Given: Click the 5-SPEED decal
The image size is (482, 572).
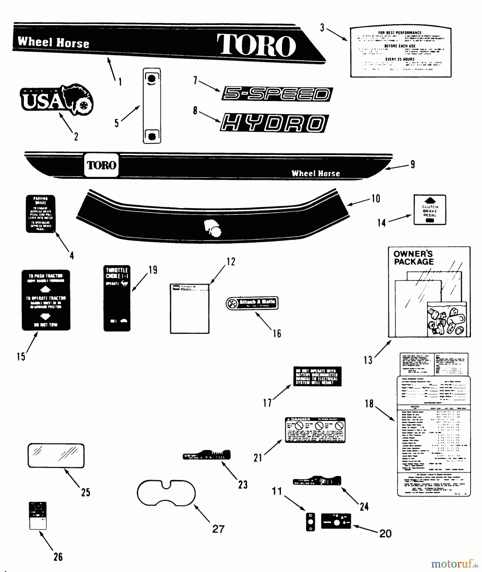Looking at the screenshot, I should (x=277, y=94).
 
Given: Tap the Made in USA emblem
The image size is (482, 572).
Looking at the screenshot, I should (x=57, y=100).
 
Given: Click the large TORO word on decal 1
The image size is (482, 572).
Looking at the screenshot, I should (x=256, y=45).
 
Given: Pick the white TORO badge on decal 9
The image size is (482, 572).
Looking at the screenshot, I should (x=101, y=165).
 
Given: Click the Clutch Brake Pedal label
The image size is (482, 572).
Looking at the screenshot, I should (x=430, y=210).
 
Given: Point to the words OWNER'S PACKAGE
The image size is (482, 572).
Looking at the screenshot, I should (x=413, y=258).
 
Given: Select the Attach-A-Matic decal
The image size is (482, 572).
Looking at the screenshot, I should (x=252, y=303).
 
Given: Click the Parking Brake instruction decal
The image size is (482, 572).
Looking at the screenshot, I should (x=40, y=214).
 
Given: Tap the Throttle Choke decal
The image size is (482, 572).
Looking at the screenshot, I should (x=117, y=298).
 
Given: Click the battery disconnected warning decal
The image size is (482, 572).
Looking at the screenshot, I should (x=317, y=377).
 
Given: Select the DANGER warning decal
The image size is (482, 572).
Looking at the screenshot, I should (x=315, y=430).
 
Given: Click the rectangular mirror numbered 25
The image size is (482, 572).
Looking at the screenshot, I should (x=56, y=456).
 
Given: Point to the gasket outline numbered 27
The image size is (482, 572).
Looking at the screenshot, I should (x=166, y=493).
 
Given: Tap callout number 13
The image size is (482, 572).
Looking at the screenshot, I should (x=368, y=360).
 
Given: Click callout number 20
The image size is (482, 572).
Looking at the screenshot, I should (x=385, y=534).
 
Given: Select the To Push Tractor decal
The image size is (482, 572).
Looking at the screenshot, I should (x=46, y=300).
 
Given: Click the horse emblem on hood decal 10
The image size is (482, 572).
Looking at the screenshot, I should (x=212, y=228).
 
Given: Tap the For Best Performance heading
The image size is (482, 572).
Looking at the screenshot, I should (x=400, y=33).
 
